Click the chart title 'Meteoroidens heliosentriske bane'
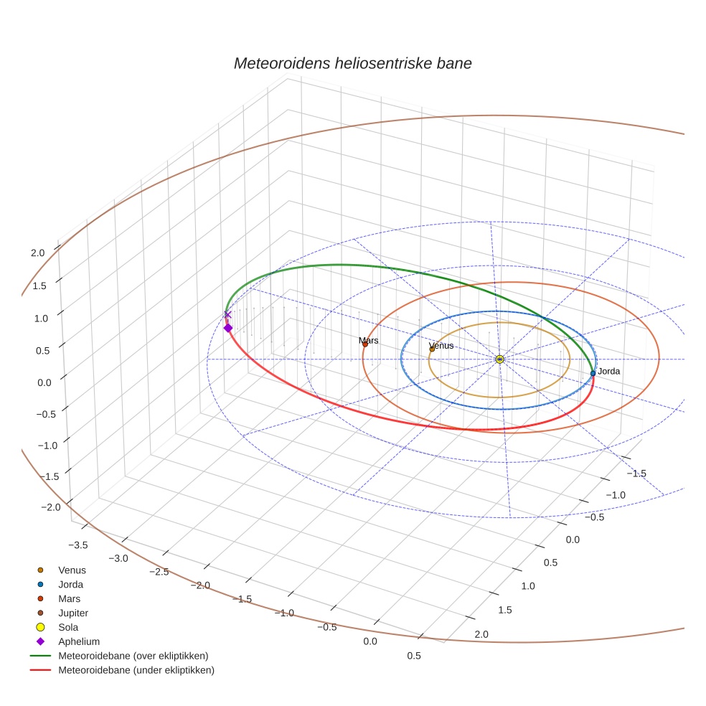click(352, 63)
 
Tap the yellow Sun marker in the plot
click(499, 359)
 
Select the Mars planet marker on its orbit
click(364, 344)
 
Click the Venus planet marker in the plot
click(432, 349)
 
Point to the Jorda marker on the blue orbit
click(593, 373)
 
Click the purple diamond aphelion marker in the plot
click(228, 328)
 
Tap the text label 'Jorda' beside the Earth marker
click(609, 372)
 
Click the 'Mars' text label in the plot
click(369, 340)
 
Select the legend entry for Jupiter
click(72, 613)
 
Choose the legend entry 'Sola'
click(69, 627)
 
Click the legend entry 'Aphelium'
click(79, 641)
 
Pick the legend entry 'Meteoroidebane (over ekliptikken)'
click(133, 656)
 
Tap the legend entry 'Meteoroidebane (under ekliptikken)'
click(136, 670)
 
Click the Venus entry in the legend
click(72, 570)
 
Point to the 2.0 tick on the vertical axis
click(37, 253)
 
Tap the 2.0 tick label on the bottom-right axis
click(481, 634)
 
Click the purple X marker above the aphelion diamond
click(228, 314)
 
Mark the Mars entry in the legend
click(70, 598)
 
